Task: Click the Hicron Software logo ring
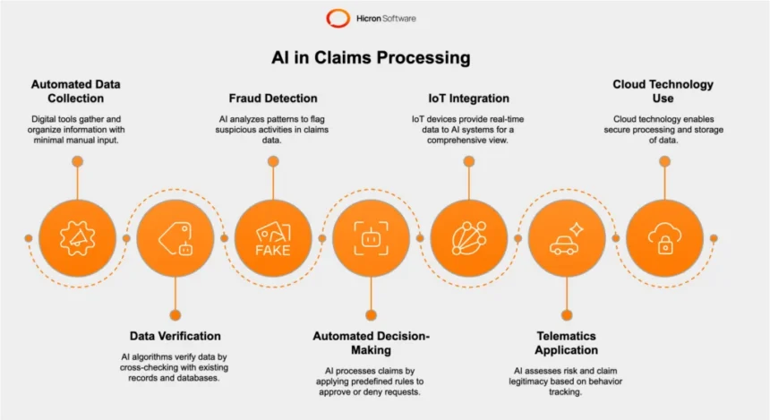(x=338, y=18)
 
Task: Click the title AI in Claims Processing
(x=371, y=58)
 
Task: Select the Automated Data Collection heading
(x=76, y=91)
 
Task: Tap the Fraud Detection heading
(x=272, y=98)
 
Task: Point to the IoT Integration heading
(x=467, y=98)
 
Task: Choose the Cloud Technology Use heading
(x=663, y=91)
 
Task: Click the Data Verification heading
(x=175, y=336)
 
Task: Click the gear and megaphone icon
(x=77, y=237)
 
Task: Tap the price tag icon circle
(x=175, y=237)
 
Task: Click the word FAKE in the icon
(x=272, y=250)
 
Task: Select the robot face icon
(x=371, y=237)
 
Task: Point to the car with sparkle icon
(x=566, y=238)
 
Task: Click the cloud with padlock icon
(x=663, y=237)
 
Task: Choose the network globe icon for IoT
(x=468, y=237)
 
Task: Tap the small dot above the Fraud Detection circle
(x=272, y=161)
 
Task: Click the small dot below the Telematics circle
(x=566, y=315)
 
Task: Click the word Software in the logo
(x=398, y=18)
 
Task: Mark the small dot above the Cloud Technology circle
(x=663, y=161)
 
